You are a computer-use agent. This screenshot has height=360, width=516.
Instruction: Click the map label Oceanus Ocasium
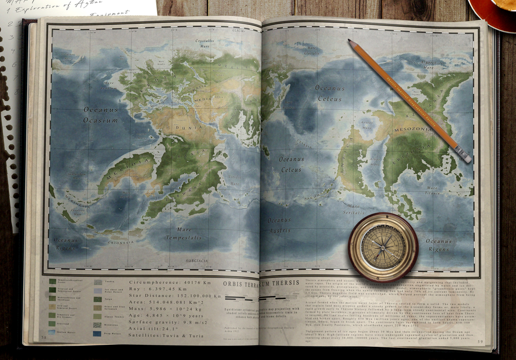(101, 114)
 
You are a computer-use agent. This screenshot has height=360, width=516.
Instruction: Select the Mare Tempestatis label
(183, 233)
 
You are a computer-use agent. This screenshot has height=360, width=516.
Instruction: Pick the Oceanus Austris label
(279, 225)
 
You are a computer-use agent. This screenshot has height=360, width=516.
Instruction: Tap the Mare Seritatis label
(353, 209)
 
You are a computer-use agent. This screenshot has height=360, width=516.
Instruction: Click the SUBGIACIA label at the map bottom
(197, 261)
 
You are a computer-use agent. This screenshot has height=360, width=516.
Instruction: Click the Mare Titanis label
(433, 190)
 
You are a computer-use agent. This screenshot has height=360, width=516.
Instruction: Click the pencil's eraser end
(465, 156)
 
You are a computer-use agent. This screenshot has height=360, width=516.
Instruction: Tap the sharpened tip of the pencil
(350, 41)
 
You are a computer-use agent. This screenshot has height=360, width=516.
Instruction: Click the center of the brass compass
(383, 247)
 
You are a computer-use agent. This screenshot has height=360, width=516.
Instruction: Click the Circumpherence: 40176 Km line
(175, 282)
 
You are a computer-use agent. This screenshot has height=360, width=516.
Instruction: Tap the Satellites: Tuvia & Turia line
(166, 336)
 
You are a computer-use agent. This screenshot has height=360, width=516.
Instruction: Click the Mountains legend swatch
(97, 325)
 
